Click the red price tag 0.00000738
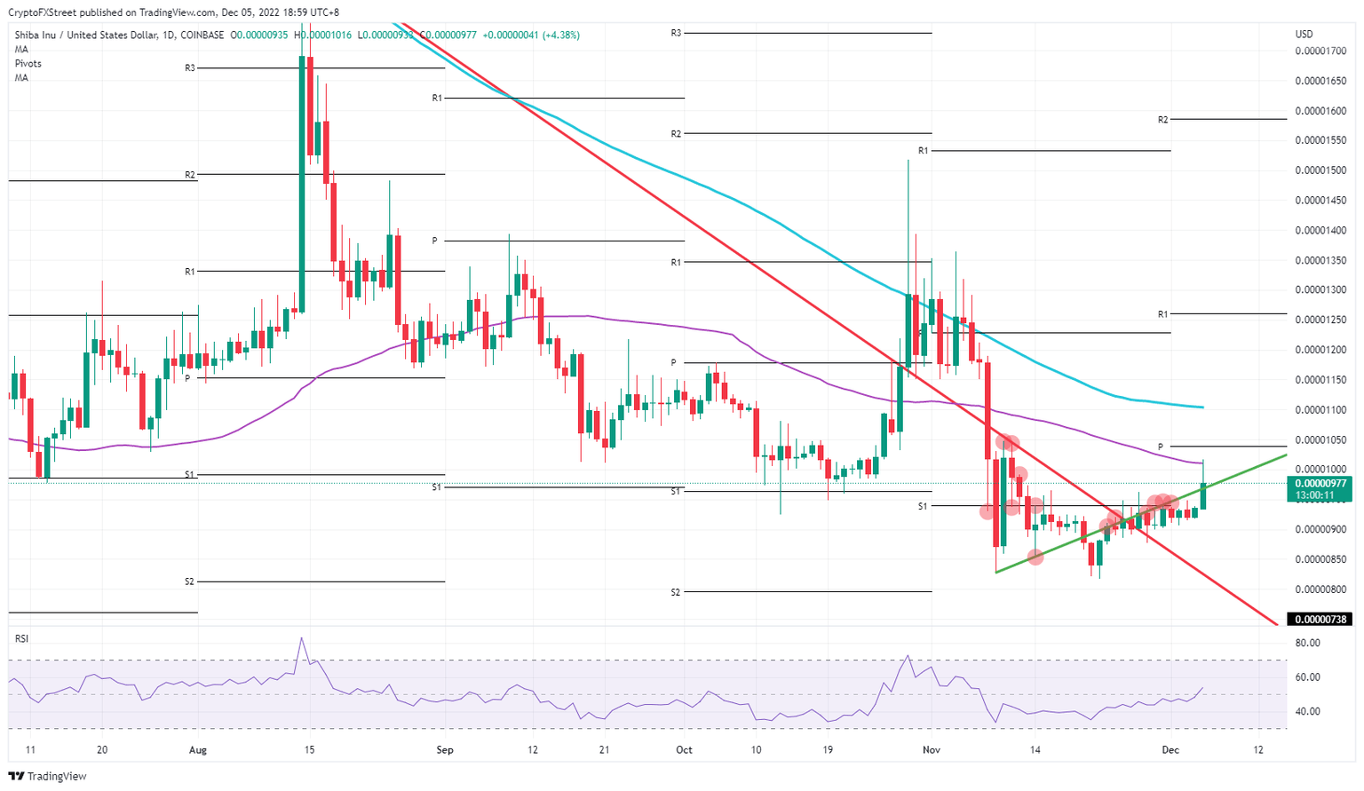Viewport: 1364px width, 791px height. tap(1320, 620)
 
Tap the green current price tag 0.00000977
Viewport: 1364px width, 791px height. tap(1320, 484)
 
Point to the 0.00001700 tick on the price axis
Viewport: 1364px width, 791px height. tap(1320, 51)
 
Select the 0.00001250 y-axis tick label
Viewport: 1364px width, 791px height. tap(1320, 320)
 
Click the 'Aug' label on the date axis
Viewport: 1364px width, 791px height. tap(198, 750)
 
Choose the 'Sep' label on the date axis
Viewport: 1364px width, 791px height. tap(445, 750)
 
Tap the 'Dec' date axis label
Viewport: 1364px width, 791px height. tap(1170, 750)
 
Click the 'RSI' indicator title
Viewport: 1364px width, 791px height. tap(21, 639)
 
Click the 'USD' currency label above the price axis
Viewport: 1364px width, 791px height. tap(1304, 35)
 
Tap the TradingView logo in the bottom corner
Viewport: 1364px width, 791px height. tap(49, 777)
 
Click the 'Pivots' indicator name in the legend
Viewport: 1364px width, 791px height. tap(28, 64)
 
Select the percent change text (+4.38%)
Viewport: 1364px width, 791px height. tap(560, 36)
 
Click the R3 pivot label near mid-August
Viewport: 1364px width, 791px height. tap(190, 68)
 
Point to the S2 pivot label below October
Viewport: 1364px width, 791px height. tap(676, 592)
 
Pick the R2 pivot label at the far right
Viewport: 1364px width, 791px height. tap(1162, 119)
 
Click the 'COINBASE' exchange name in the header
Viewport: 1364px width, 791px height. tap(202, 36)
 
